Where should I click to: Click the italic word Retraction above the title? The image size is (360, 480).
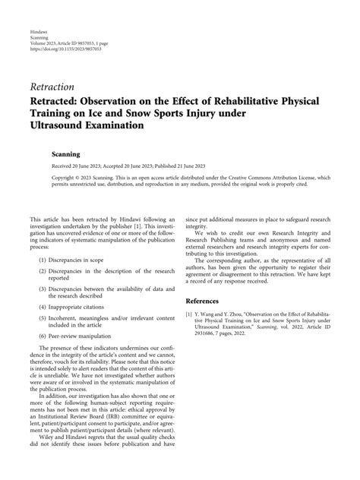[x=52, y=87]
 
